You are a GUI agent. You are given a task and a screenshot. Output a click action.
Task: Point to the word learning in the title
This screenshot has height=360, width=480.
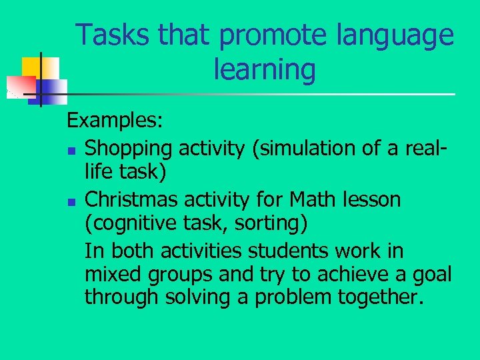pos(265,69)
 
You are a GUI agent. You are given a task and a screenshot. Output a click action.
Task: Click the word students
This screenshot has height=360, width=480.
pos(289,251)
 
